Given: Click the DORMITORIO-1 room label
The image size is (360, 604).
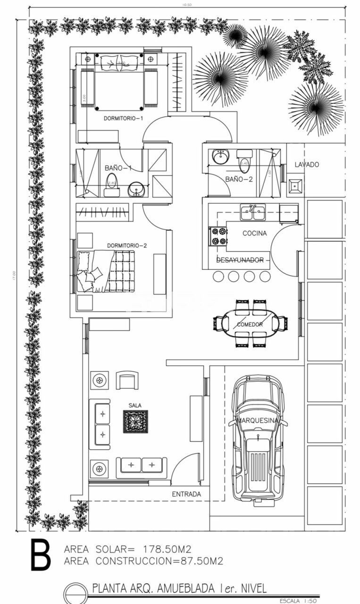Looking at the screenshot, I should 123,119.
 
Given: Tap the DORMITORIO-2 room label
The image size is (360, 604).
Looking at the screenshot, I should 127,245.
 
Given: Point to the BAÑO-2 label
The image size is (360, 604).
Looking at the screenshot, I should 239,179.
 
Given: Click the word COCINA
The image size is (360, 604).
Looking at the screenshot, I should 255,233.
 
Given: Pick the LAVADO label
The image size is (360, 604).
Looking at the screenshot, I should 307,165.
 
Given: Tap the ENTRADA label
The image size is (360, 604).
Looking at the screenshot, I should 186,494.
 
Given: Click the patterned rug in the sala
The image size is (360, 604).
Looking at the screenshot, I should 135,421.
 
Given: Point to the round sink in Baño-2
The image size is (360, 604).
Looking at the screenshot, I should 220,157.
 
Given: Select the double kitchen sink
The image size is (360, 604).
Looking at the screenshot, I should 252,213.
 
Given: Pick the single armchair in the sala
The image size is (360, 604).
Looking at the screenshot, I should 127,380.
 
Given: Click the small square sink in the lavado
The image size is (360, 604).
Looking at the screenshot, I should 295,186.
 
